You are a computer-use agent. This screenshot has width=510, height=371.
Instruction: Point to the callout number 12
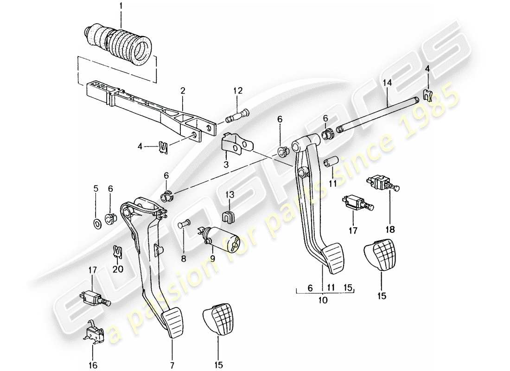tap(238, 91)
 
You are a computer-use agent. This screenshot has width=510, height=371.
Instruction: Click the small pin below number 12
tap(238, 115)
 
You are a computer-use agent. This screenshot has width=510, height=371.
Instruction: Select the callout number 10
tap(323, 300)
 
